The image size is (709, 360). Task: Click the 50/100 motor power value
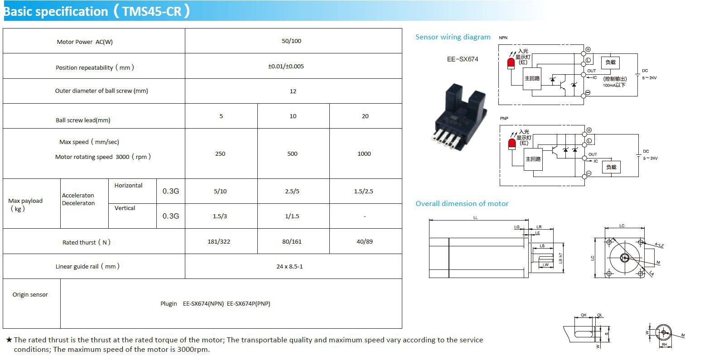tap(291, 41)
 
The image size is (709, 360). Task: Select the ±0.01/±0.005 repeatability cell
tap(286, 67)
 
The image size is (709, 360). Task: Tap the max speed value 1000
tap(364, 154)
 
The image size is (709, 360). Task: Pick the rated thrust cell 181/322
tap(219, 242)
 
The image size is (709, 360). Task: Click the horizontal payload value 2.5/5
tap(292, 192)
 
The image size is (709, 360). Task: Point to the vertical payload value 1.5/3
tap(220, 216)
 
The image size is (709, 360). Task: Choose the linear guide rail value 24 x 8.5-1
tap(289, 267)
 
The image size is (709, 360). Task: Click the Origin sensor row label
tap(30, 295)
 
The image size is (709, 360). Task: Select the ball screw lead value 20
tap(365, 116)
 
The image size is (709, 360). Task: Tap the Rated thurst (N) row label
tap(86, 242)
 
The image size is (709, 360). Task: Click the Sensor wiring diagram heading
tap(453, 37)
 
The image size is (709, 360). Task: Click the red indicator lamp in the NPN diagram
tap(511, 63)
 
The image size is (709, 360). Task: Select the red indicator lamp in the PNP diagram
tap(512, 144)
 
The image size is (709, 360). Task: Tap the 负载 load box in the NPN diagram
tap(610, 62)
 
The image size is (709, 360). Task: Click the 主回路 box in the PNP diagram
tap(533, 159)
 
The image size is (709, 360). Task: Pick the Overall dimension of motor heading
tap(462, 204)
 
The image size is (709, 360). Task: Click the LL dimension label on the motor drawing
tap(475, 218)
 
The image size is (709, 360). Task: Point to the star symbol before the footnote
tap(9, 340)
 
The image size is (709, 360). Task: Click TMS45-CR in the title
tap(152, 11)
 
